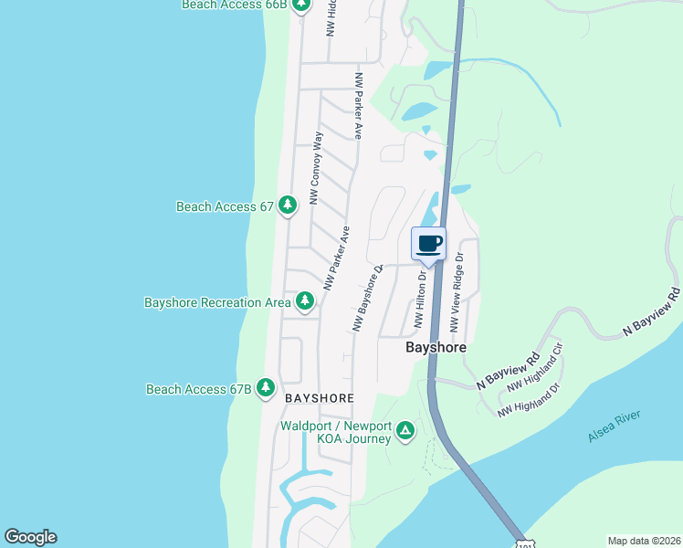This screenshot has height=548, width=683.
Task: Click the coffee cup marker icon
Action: pos(429,244)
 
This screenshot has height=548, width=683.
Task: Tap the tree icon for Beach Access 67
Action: pos(288,205)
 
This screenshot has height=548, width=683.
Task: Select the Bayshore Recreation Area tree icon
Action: pos(304,300)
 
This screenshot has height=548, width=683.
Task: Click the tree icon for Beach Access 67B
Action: pos(266,388)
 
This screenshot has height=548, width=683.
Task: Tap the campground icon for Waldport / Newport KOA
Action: pos(405,429)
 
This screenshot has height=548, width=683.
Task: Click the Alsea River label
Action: pos(615,427)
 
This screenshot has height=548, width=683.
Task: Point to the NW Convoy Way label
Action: pos(317,168)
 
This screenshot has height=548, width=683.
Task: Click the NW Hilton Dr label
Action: pos(421,298)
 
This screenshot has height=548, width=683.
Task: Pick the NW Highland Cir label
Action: pos(535,370)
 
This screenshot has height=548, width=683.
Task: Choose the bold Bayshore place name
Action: pos(436,348)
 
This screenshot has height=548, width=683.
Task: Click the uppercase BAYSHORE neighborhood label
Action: pos(319,398)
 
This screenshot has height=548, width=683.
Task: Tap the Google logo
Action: pos(30,536)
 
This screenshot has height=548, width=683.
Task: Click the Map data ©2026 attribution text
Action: pos(644,541)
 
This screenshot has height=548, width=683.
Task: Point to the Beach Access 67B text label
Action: pos(198,389)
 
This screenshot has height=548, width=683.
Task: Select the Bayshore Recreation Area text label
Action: pos(217,301)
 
